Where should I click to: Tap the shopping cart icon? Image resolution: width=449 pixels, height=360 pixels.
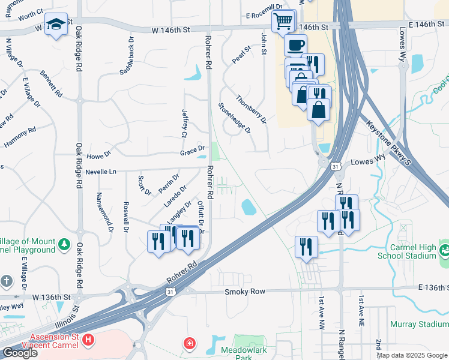pyautogui.click(x=283, y=21)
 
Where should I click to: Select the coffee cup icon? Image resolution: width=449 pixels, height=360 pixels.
pyautogui.click(x=295, y=45)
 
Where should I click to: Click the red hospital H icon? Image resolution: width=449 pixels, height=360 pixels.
pyautogui.click(x=88, y=341)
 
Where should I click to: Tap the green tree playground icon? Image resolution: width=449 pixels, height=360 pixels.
pyautogui.click(x=64, y=245)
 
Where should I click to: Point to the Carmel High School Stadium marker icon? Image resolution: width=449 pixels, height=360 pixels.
pyautogui.click(x=444, y=248)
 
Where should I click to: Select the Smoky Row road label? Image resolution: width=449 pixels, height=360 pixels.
pyautogui.click(x=244, y=292)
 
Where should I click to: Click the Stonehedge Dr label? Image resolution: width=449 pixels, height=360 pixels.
pyautogui.click(x=234, y=117)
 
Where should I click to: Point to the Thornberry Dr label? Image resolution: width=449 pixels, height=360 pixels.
pyautogui.click(x=251, y=109)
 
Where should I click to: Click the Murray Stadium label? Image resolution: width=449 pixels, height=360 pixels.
pyautogui.click(x=419, y=324)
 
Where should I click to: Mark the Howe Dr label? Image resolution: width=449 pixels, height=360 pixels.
pyautogui.click(x=100, y=154)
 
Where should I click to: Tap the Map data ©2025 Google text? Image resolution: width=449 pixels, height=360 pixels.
pyautogui.click(x=411, y=355)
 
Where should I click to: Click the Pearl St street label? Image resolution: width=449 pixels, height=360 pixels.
pyautogui.click(x=241, y=55)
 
